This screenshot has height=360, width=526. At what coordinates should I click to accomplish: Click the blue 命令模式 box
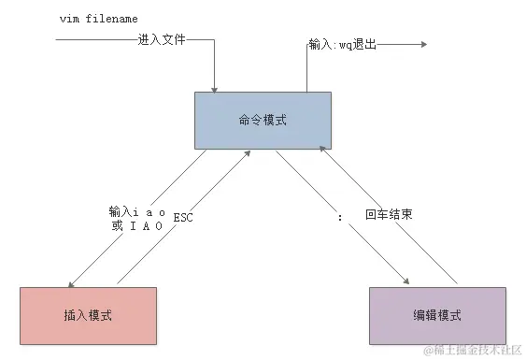pyautogui.click(x=263, y=121)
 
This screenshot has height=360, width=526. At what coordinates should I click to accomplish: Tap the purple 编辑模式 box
pyautogui.click(x=437, y=314)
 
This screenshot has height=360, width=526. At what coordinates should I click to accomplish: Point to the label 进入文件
pyautogui.click(x=162, y=40)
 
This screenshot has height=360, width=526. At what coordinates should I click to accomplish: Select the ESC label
pyautogui.click(x=183, y=218)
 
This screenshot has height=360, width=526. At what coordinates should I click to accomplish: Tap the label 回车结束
pyautogui.click(x=390, y=214)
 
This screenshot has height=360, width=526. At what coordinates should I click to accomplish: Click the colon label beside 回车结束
pyautogui.click(x=341, y=215)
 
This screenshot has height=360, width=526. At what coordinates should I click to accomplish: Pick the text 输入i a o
pyautogui.click(x=137, y=212)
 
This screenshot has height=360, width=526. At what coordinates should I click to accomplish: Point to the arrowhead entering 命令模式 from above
pyautogui.click(x=215, y=89)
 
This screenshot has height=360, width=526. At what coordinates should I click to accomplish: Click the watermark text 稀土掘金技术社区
pyautogui.click(x=476, y=351)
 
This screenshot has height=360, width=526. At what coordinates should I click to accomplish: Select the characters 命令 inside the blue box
pyautogui.click(x=251, y=121)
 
